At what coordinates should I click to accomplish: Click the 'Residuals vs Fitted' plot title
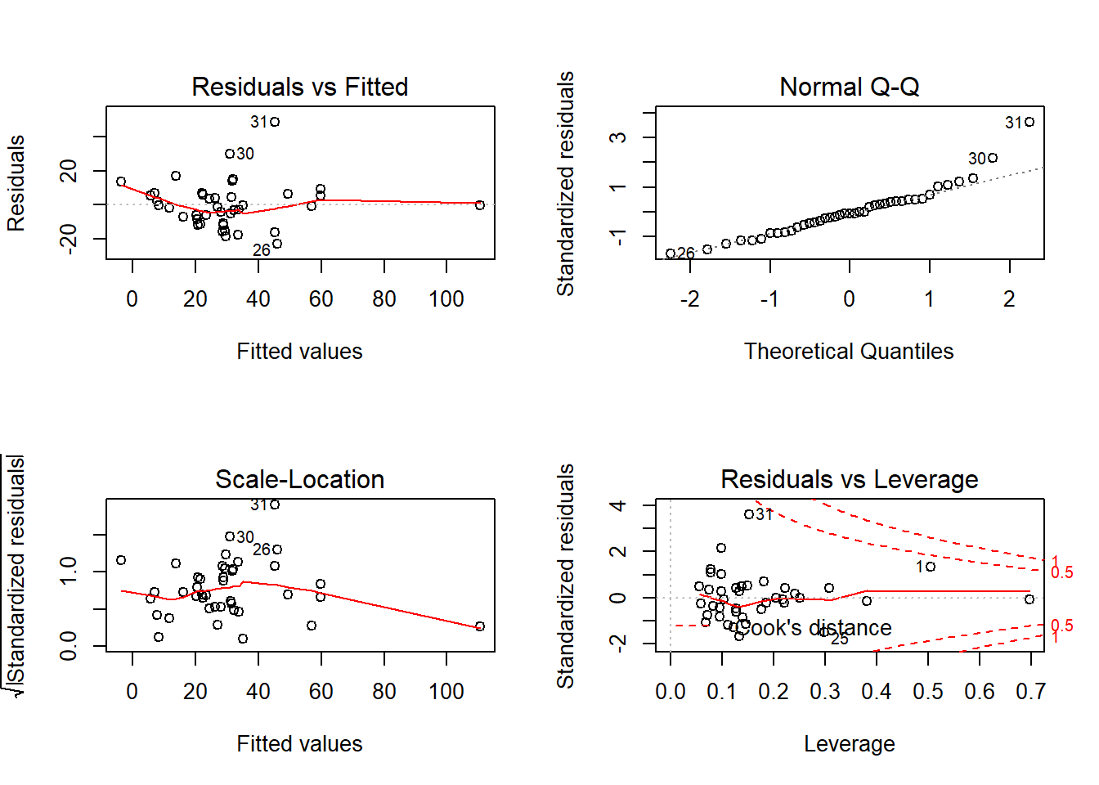click(x=299, y=87)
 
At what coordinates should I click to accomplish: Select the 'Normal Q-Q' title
click(x=849, y=87)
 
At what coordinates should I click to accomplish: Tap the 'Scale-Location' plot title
click(x=299, y=479)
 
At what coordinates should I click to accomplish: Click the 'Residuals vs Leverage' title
click(x=849, y=479)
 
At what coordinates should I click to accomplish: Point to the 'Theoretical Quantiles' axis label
click(x=849, y=352)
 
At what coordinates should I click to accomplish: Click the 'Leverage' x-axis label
click(x=849, y=744)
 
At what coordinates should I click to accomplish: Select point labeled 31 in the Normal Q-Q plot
click(x=1029, y=122)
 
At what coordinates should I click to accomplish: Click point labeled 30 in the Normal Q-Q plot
click(x=993, y=158)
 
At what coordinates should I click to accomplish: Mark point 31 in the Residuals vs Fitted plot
click(x=276, y=122)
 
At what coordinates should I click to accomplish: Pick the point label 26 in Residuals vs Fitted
click(x=261, y=250)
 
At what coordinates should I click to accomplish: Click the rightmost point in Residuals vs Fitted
click(x=480, y=205)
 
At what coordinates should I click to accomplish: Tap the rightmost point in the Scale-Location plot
click(x=480, y=626)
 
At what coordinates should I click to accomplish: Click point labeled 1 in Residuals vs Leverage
click(x=931, y=566)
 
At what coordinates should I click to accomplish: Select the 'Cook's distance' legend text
click(x=814, y=628)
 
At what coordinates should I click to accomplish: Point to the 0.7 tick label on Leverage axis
click(x=1030, y=692)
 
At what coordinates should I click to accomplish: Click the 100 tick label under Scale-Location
click(x=446, y=692)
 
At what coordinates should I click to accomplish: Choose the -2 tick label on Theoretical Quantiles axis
click(x=689, y=299)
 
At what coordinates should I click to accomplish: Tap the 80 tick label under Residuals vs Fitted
click(x=384, y=299)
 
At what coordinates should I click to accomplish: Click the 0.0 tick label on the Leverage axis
click(x=671, y=692)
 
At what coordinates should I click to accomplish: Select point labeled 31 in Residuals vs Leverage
click(x=749, y=514)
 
